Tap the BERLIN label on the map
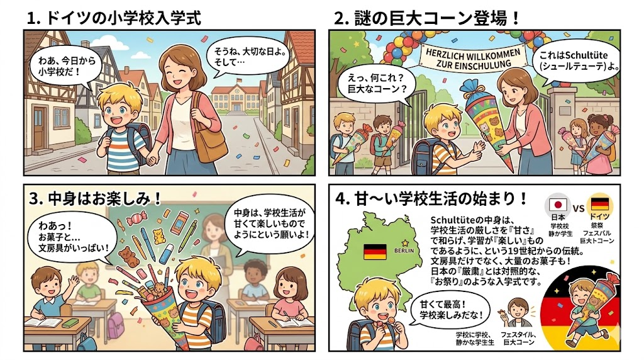coord(404,250)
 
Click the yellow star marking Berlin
coord(406,243)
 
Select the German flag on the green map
coord(375,252)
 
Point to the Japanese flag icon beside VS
coord(558,205)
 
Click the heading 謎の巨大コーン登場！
coord(427,18)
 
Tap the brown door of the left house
coord(39,127)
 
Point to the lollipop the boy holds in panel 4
coord(382,322)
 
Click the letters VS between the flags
coord(579,208)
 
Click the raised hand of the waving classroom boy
coord(74,280)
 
